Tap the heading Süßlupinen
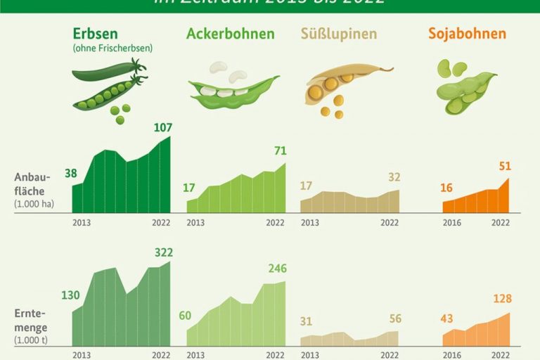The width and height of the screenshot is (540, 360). [x=338, y=34]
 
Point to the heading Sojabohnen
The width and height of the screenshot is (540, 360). [x=467, y=34]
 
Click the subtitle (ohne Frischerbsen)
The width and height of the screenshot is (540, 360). [x=112, y=49]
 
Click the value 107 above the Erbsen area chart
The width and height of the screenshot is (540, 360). [x=162, y=127]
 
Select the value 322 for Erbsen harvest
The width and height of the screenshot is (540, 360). [x=162, y=252]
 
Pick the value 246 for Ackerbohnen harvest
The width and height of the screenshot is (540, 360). [x=277, y=269]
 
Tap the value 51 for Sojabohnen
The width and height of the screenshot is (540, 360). [x=504, y=167]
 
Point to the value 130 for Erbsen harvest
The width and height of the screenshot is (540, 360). [x=70, y=295]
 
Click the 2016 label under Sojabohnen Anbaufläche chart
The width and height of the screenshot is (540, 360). [x=452, y=223]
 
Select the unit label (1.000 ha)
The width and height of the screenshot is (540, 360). [x=34, y=205]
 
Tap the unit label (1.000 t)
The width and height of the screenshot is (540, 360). [x=32, y=340]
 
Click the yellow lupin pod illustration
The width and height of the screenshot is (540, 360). [x=345, y=84]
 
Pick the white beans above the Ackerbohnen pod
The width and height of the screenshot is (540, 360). [x=226, y=72]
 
